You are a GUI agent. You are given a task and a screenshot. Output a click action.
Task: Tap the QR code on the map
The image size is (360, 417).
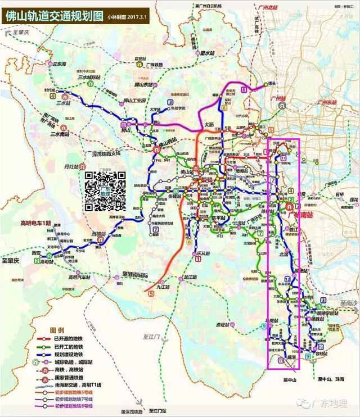[105, 192]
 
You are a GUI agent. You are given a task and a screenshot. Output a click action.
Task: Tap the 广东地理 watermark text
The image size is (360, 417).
[331, 404]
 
